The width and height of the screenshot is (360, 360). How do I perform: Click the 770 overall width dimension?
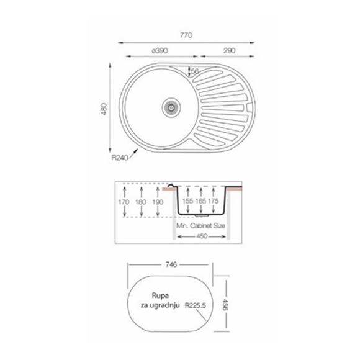click(186, 35)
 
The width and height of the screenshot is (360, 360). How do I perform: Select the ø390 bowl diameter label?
click(160, 51)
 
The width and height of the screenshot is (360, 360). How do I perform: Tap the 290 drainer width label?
click(230, 51)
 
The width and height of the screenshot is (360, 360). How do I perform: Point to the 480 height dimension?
click(104, 109)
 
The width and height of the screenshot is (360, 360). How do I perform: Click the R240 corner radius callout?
click(120, 158)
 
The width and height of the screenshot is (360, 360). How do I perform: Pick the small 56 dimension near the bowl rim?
click(195, 71)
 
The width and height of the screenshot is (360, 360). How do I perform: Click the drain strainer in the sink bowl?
click(171, 107)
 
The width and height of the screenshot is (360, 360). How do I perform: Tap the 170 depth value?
click(124, 202)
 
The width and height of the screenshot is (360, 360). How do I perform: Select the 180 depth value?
click(141, 202)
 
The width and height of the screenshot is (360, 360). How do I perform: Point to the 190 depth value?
click(158, 202)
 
